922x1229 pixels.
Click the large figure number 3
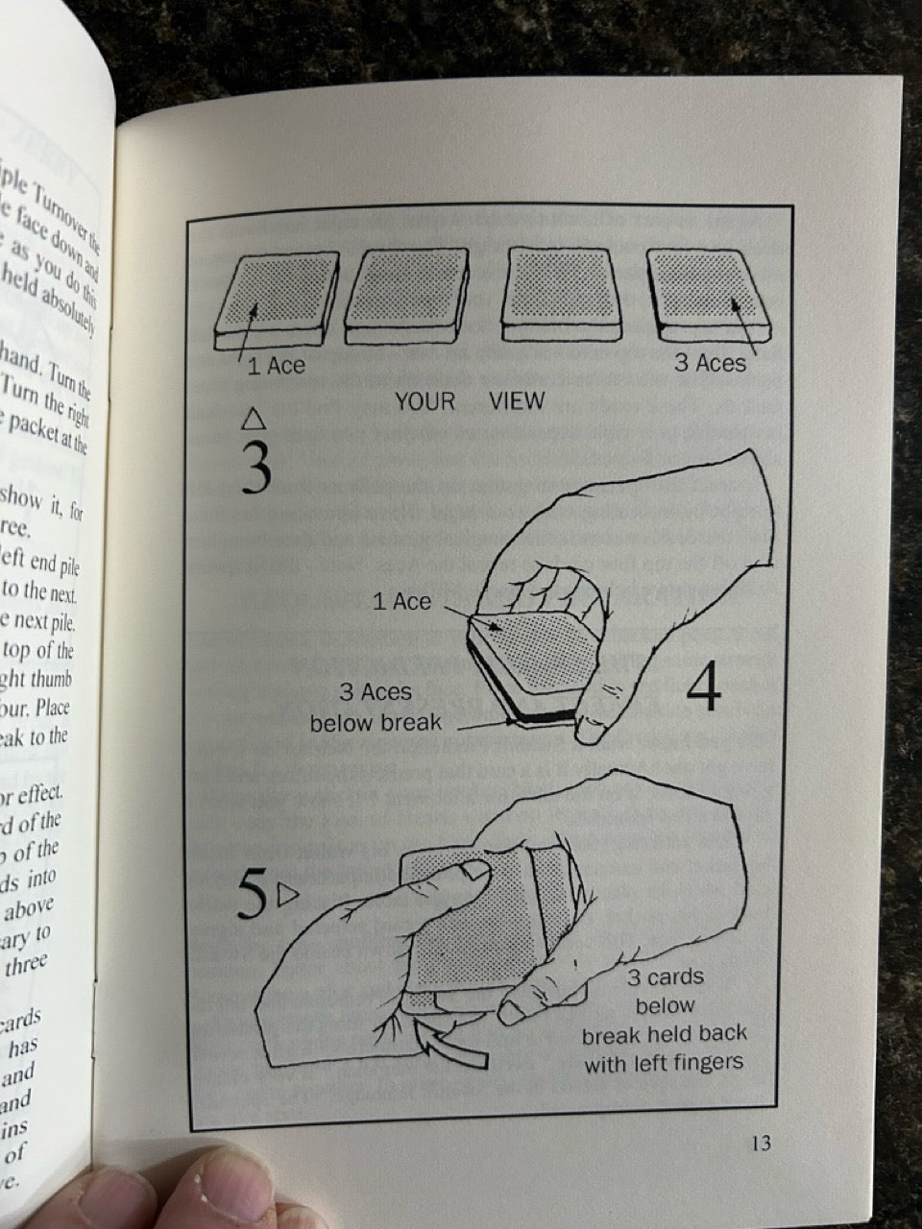[x=255, y=467]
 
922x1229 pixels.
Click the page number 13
[x=761, y=1144]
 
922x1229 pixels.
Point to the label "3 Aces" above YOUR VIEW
[x=710, y=363]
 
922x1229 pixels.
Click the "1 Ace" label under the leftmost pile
[x=277, y=366]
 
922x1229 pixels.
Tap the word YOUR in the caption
[x=425, y=401]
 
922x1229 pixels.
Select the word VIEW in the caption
[x=517, y=401]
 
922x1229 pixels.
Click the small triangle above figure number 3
[x=254, y=419]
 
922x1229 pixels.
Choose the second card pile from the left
[x=407, y=296]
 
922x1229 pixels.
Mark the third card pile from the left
[x=563, y=296]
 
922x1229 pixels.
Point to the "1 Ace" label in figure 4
[x=401, y=602]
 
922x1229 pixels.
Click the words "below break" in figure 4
[x=376, y=722]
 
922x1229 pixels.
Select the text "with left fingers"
[x=665, y=1064]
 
